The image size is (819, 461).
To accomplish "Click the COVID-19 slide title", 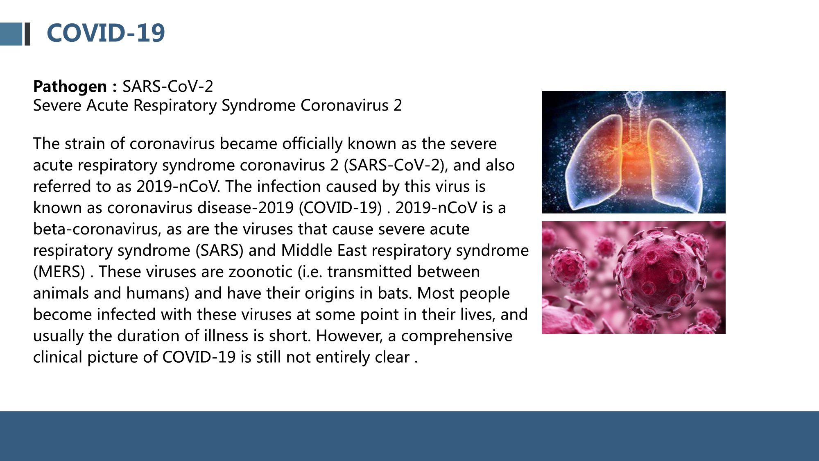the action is [106, 33].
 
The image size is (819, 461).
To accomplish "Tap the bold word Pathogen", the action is [70, 86].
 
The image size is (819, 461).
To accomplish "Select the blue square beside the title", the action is [11, 34].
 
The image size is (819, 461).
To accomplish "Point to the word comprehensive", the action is [457, 336].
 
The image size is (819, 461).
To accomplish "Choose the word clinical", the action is [58, 357].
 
